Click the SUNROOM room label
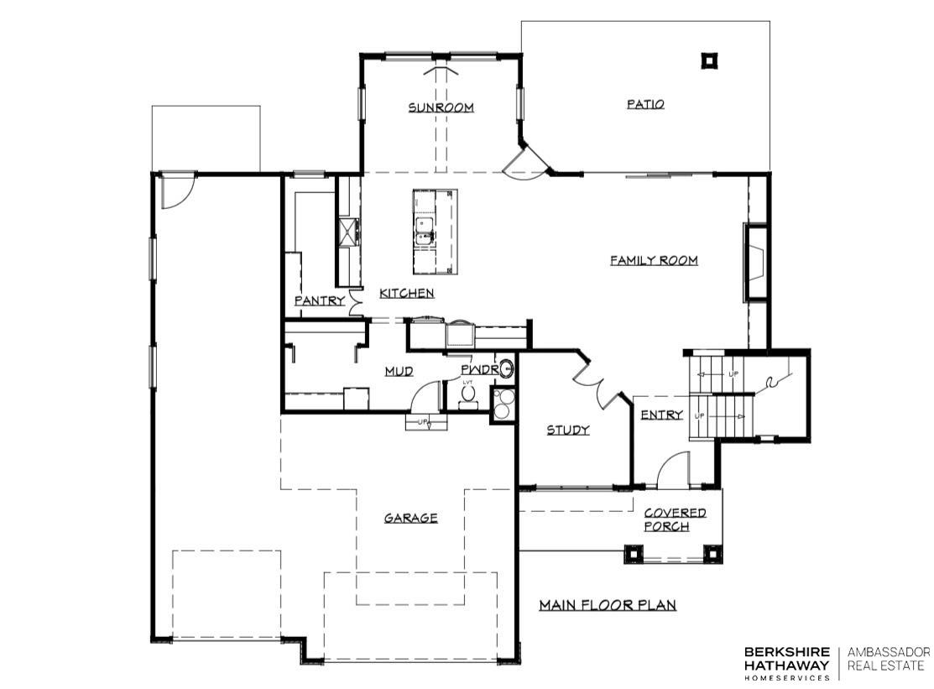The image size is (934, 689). [x=441, y=107]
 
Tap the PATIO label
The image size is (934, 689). [x=645, y=104]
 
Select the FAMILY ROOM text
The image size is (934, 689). [x=654, y=260]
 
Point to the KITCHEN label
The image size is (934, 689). [x=407, y=293]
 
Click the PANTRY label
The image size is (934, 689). [x=319, y=300]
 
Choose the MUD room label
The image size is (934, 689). [x=399, y=371]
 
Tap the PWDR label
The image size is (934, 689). [x=479, y=370]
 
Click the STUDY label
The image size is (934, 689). [x=568, y=430]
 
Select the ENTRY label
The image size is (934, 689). [x=661, y=415]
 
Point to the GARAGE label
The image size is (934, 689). [x=410, y=518]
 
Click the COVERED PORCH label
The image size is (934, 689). [x=674, y=519]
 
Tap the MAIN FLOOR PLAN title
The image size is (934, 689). [x=607, y=604]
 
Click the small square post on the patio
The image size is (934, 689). [x=709, y=60]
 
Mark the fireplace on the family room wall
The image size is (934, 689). [x=755, y=263]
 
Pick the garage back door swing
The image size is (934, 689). [x=176, y=191]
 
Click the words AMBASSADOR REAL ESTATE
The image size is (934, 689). [x=888, y=659]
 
